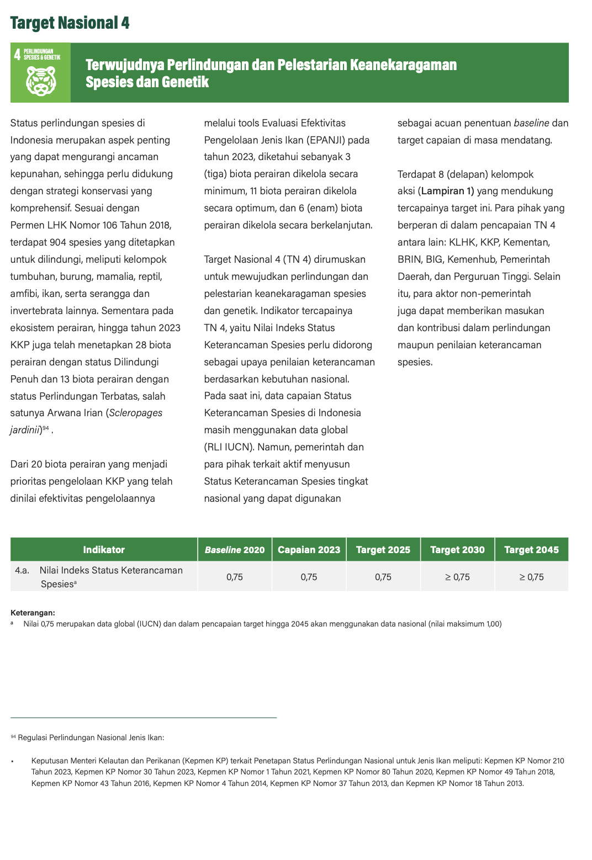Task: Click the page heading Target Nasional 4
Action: tap(70, 23)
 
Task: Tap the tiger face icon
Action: tap(41, 81)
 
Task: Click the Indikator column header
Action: tap(104, 550)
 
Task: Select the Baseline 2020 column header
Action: tap(235, 550)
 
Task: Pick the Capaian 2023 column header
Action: tap(309, 550)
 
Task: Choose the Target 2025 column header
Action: tap(383, 550)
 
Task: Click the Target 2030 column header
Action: tap(457, 550)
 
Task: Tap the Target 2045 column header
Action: tap(531, 550)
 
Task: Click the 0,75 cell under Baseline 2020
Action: tap(235, 577)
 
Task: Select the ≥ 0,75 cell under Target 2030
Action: tap(457, 577)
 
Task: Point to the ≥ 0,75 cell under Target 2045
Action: tap(531, 577)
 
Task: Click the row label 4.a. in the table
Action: tap(22, 570)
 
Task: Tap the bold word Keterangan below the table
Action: tap(33, 613)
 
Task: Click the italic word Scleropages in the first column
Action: tap(136, 413)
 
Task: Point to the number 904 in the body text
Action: tap(59, 242)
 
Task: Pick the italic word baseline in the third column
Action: tap(531, 123)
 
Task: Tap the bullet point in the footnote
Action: tap(12, 761)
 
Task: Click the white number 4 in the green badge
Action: tap(18, 54)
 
